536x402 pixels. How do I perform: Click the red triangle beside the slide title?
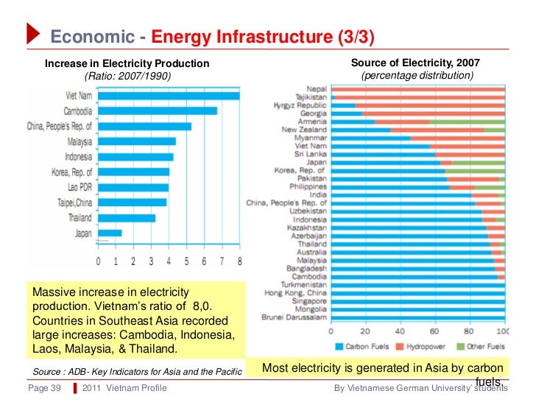point(34,33)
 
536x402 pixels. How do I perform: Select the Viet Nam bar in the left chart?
point(169,95)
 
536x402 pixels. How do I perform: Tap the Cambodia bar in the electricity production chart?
point(158,110)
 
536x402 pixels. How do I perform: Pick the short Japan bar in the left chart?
point(110,233)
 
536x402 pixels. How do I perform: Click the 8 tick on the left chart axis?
point(239,261)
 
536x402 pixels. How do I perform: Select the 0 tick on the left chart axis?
point(99,261)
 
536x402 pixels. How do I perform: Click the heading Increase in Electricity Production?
point(127,64)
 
